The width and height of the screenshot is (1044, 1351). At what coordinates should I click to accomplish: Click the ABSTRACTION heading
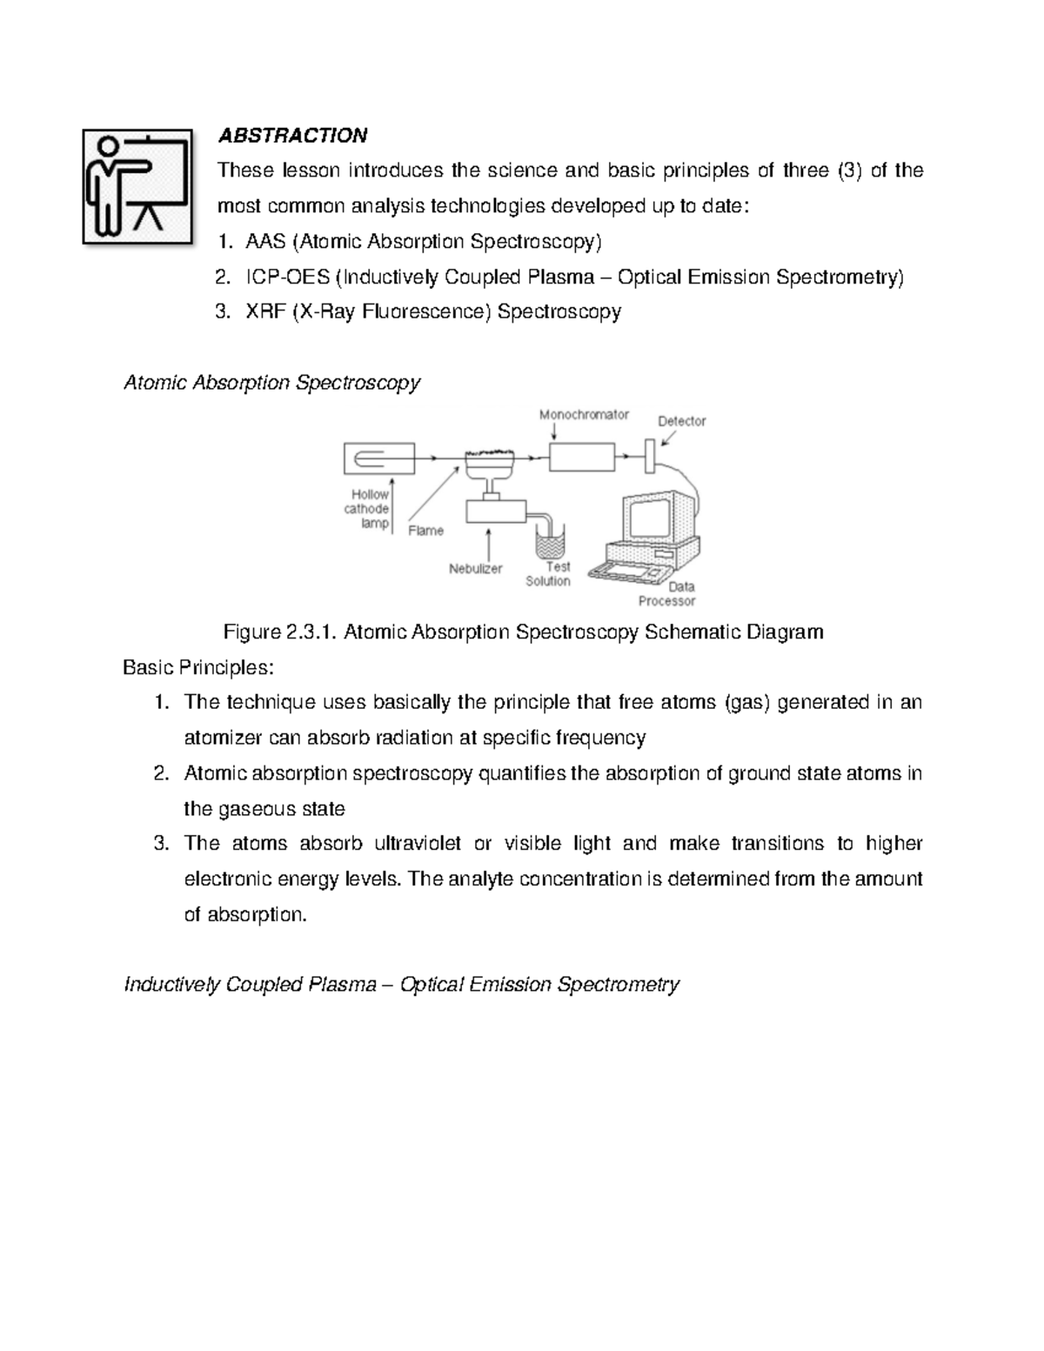(292, 136)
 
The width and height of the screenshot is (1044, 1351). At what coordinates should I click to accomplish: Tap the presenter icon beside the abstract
(137, 186)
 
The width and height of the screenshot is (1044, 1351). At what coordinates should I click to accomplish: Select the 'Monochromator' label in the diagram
(583, 415)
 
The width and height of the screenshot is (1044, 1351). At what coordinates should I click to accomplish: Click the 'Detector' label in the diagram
(681, 421)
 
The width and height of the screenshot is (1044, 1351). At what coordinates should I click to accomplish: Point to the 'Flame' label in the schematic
(425, 531)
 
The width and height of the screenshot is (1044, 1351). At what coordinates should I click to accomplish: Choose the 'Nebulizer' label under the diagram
(475, 569)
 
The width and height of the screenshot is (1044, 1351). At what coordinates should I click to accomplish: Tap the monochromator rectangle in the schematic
(581, 455)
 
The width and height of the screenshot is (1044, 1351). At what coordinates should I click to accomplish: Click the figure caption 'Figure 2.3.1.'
(280, 632)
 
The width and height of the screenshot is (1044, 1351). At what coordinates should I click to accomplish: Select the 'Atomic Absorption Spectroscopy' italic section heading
(272, 383)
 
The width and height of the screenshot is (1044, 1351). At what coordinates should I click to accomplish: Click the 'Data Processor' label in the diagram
(667, 594)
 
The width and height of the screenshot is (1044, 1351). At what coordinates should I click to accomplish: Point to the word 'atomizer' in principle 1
(224, 739)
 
